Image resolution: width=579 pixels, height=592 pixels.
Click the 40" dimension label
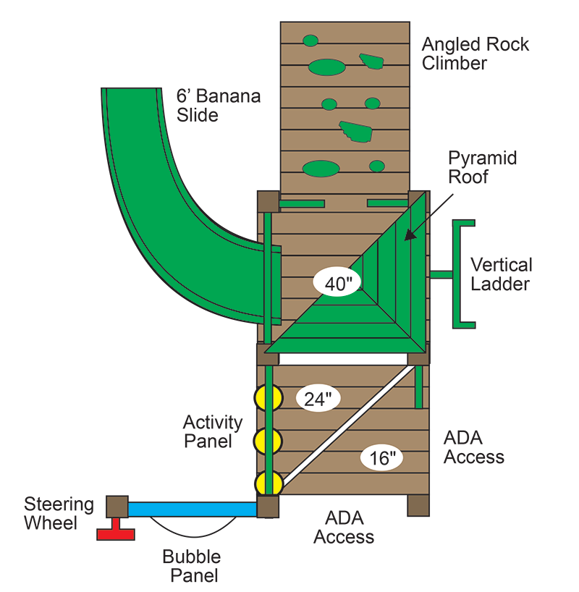337,282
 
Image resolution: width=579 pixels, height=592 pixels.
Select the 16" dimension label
381,457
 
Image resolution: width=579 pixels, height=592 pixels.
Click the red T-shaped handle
116,533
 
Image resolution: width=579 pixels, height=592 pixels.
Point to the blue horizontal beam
193,509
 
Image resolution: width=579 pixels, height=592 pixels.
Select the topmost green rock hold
310,41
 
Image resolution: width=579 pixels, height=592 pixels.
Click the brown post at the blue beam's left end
117,507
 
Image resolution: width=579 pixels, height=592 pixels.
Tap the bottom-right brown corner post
418,505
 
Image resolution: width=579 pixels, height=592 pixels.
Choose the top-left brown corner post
269,201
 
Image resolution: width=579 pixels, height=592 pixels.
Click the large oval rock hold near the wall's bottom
321,169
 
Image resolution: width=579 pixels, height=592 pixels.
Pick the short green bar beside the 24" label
418,387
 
